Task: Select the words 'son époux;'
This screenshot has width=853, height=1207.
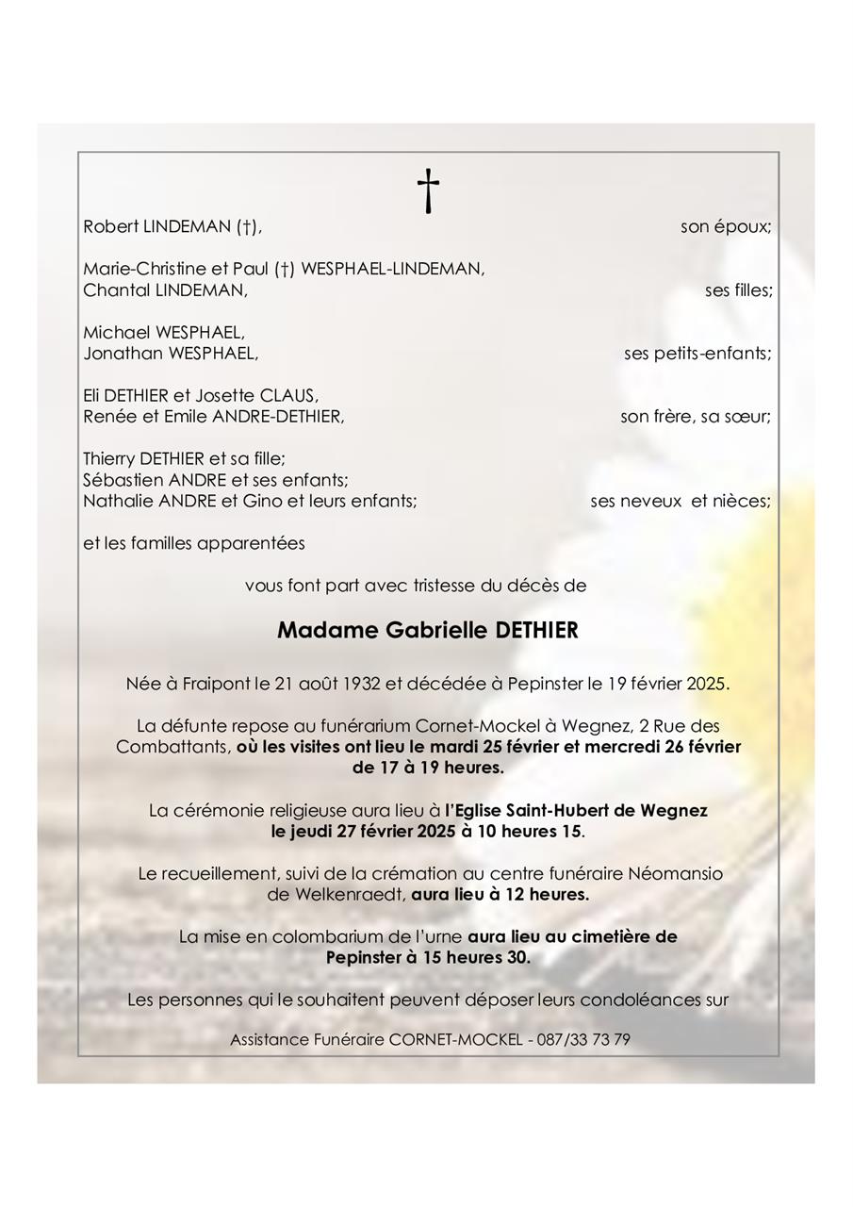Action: pos(726,226)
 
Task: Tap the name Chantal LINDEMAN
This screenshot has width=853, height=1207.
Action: pos(165,290)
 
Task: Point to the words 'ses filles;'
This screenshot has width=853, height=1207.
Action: pos(738,290)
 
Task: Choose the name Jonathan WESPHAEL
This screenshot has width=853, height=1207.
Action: pos(170,354)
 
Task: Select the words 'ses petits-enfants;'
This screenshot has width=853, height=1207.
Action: pos(697,354)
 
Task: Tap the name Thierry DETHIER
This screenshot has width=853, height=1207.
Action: pos(143,459)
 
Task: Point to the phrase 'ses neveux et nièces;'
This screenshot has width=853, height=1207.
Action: pos(680,501)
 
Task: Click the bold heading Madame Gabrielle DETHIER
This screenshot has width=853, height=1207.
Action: pos(427,631)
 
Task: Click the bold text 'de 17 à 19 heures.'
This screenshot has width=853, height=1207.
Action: pos(428,768)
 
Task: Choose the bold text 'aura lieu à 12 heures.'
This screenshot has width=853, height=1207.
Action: pos(500,895)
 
